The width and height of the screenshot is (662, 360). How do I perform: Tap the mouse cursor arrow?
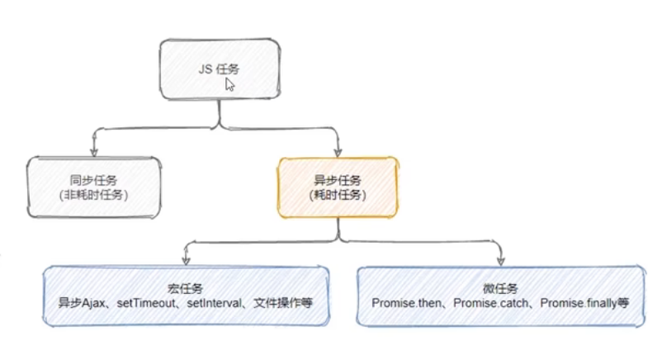pos(230,84)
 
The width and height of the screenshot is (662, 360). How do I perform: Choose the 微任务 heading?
pos(500,288)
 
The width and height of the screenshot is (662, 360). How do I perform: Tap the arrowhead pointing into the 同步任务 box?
pos(94,151)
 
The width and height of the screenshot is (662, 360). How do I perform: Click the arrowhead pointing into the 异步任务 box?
pos(338,151)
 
